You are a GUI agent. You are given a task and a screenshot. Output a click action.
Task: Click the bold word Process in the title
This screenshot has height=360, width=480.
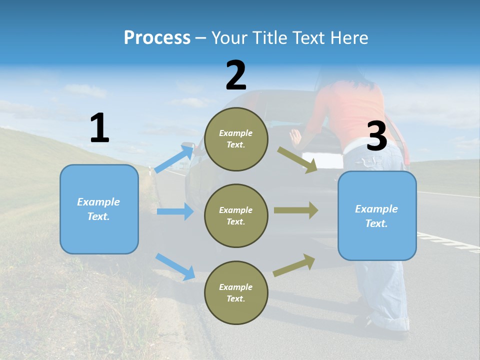[x=157, y=38]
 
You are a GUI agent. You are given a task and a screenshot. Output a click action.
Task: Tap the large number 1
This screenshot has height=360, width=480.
[x=99, y=128]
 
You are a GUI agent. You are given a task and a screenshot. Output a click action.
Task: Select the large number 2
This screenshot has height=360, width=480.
[x=236, y=75]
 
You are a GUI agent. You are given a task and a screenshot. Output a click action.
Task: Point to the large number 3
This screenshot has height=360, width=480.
[x=376, y=136]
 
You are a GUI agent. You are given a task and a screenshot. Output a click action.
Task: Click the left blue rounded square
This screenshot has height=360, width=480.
[x=99, y=209]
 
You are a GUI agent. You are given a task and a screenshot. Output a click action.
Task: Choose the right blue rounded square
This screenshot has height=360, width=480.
[x=377, y=215]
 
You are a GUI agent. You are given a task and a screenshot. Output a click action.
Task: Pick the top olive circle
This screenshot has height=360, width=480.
[x=236, y=139]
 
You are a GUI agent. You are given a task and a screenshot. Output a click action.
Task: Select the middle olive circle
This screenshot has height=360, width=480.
[x=236, y=215]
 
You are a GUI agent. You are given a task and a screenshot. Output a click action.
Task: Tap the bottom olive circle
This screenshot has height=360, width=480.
[x=236, y=292]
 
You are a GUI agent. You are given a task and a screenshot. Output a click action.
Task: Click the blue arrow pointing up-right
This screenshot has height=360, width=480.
[x=174, y=158]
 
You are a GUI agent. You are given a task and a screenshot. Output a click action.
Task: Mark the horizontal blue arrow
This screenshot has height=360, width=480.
[x=175, y=211]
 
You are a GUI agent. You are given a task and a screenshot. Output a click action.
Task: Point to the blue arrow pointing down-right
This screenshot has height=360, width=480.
[x=175, y=266]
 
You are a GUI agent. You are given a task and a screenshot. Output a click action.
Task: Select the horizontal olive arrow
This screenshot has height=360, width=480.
[x=296, y=210]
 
